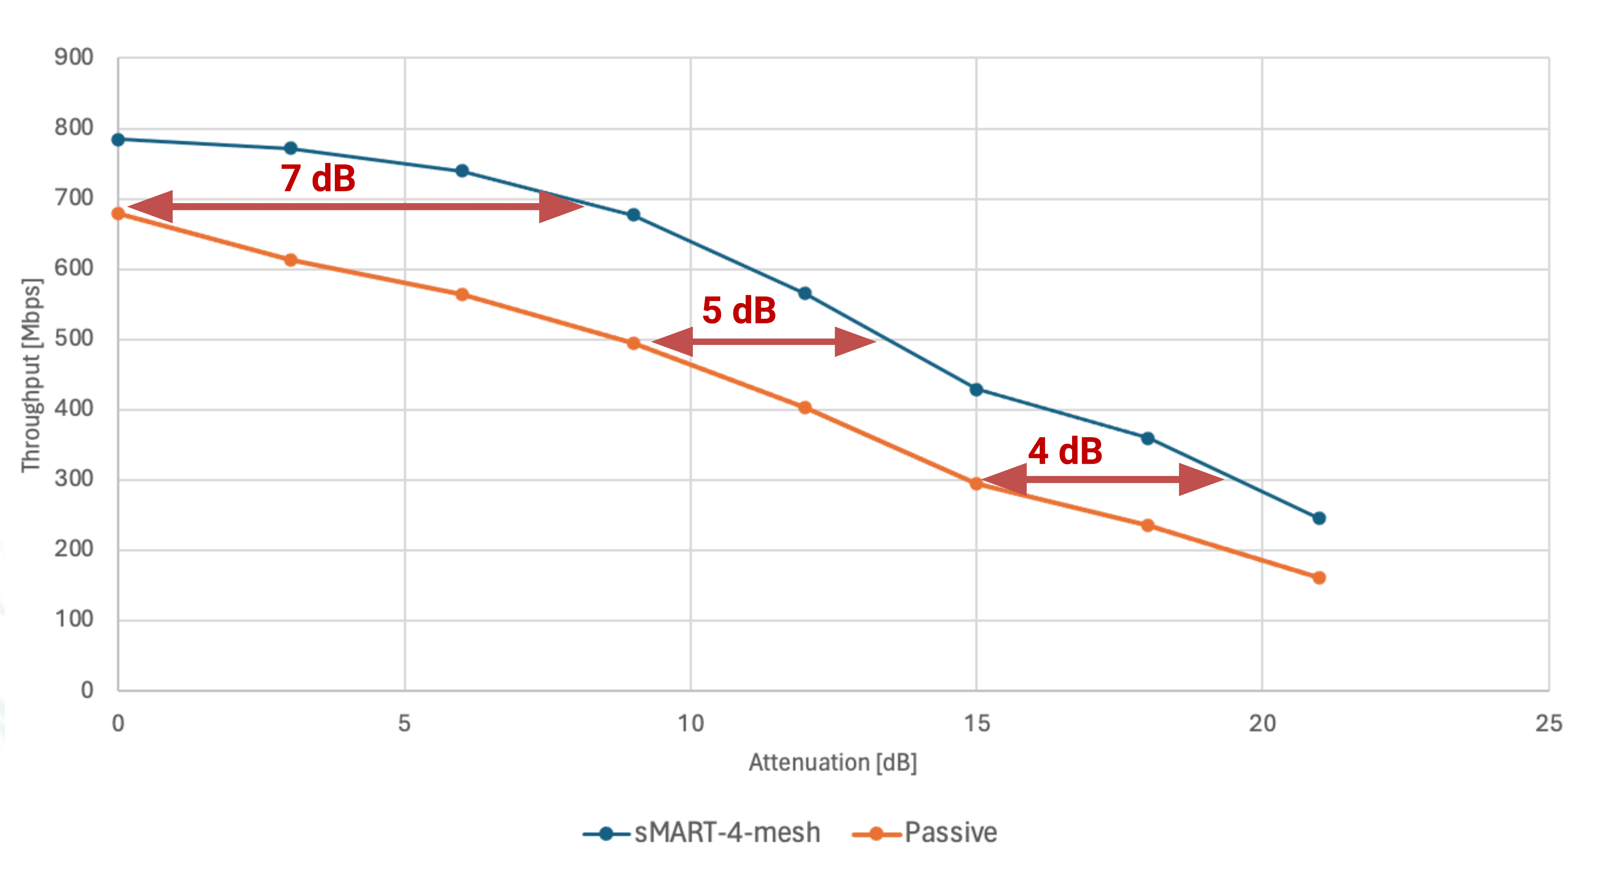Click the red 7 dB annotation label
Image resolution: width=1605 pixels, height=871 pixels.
[318, 178]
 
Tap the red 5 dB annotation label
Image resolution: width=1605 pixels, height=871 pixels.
[739, 310]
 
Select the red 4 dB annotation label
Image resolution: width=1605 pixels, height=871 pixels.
[1065, 451]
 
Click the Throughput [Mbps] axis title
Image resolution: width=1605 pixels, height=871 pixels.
[31, 375]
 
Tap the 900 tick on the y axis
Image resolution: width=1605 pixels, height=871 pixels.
[73, 57]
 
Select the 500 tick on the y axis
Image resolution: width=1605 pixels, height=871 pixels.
[73, 338]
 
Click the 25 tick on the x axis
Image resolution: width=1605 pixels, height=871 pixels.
[1548, 723]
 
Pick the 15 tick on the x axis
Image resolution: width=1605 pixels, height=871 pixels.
[976, 723]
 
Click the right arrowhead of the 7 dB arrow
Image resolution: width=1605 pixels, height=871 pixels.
[561, 206]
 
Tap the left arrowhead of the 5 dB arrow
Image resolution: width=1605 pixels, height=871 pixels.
[673, 341]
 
